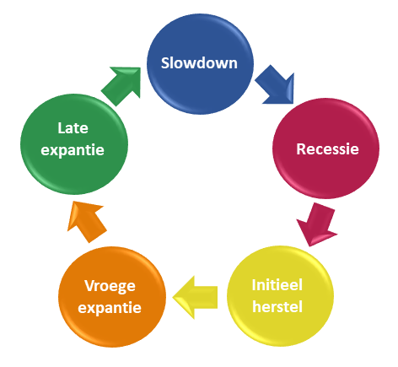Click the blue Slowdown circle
(200, 64)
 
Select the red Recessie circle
(325, 148)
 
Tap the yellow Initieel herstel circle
(280, 296)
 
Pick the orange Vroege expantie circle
(112, 297)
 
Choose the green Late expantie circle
(74, 144)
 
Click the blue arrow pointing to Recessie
(276, 85)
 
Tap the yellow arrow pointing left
(195, 297)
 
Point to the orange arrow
(86, 221)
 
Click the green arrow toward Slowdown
(121, 85)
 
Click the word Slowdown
(199, 62)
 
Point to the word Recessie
(327, 148)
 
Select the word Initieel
(277, 285)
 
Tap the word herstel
(277, 306)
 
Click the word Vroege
(110, 287)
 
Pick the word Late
(73, 128)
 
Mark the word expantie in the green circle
(73, 150)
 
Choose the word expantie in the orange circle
(110, 308)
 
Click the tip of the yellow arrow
(173, 297)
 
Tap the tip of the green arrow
(140, 67)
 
